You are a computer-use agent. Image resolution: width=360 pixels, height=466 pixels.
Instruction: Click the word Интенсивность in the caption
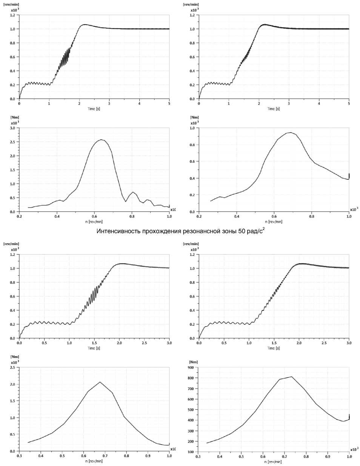tap(118, 231)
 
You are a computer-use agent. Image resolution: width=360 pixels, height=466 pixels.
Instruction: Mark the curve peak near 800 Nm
tap(291, 377)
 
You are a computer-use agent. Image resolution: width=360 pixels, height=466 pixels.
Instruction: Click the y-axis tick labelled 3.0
tap(12, 128)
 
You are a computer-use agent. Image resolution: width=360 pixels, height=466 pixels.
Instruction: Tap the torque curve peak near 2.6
tap(101, 140)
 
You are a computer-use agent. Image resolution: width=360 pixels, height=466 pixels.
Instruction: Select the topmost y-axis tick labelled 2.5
tap(12, 142)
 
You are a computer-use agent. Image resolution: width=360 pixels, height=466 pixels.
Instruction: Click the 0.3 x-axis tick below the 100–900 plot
tap(198, 456)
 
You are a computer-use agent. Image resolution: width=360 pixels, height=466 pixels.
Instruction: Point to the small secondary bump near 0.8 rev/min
tap(132, 192)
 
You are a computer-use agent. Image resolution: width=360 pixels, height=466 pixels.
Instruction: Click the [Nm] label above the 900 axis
tap(193, 362)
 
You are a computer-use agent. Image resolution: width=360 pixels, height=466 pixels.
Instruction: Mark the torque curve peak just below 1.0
tap(290, 133)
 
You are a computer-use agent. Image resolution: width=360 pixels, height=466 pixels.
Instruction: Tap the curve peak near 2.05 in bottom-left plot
tap(100, 382)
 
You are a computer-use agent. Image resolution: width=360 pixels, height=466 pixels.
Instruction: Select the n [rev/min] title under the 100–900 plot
tap(274, 461)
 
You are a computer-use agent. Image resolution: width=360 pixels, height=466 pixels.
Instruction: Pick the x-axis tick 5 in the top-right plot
tap(349, 103)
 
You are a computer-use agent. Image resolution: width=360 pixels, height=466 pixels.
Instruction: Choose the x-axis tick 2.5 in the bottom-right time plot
tap(324, 343)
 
